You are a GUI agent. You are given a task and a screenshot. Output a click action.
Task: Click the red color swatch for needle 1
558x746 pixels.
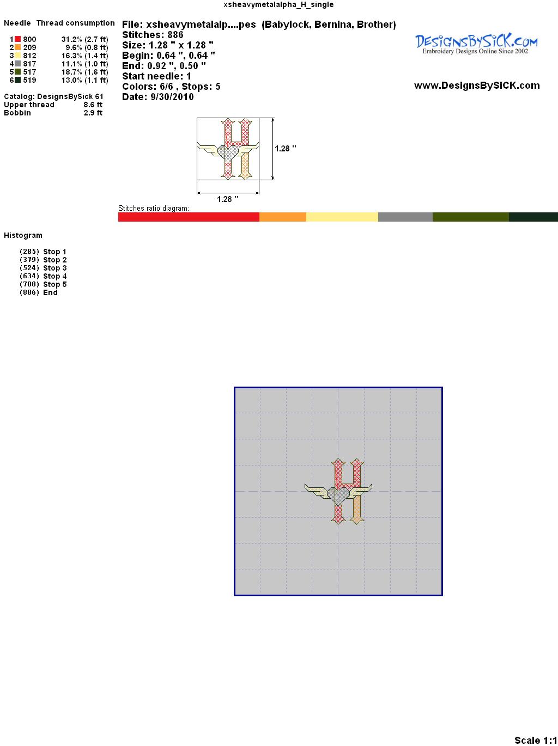tap(17, 39)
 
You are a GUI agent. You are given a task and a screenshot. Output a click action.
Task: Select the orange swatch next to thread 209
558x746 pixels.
tap(17, 47)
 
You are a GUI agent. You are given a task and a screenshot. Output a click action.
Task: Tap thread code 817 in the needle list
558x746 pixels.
tap(29, 64)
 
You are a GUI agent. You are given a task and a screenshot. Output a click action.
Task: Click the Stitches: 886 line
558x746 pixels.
tap(153, 35)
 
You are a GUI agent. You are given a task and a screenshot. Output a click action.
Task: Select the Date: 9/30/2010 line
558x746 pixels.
tap(158, 97)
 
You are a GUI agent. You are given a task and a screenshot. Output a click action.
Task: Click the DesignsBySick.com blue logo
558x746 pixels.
tap(476, 44)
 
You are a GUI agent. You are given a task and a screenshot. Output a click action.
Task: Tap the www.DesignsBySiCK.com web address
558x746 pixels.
tap(477, 85)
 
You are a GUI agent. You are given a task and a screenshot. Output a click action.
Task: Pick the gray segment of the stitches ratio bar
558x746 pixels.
tap(405, 217)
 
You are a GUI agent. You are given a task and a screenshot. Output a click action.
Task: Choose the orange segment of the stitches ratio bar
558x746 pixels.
tap(283, 217)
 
